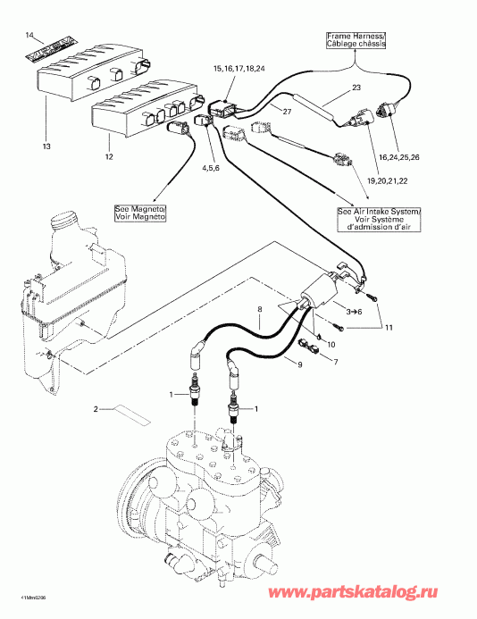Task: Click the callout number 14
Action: [x=29, y=35]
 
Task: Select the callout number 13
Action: [x=45, y=146]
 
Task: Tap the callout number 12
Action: [x=109, y=157]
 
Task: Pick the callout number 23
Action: [x=356, y=88]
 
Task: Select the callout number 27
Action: [x=288, y=111]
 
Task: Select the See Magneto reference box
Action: [x=134, y=213]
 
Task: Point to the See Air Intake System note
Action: [x=369, y=218]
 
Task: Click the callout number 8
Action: [x=259, y=311]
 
